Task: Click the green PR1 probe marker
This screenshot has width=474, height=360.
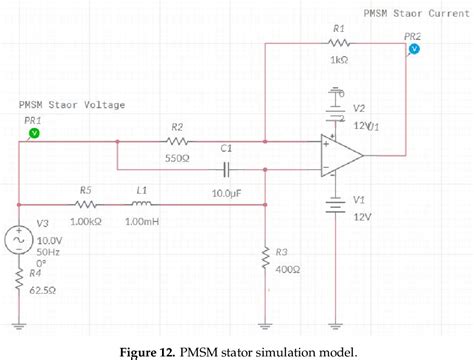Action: (33, 131)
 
